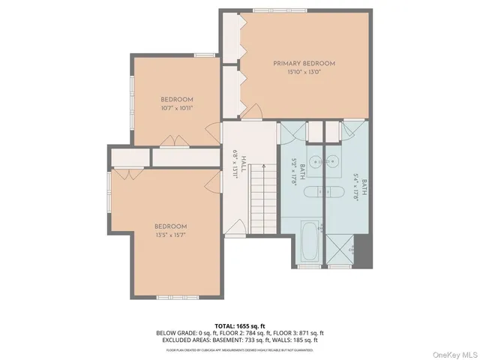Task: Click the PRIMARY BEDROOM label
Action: [x=304, y=64]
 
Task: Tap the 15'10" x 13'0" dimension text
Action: [x=304, y=73]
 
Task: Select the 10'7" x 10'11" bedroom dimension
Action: [x=177, y=109]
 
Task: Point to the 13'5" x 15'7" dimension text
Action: [x=171, y=235]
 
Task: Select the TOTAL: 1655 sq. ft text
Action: [x=240, y=325]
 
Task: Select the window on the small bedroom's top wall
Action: [x=204, y=55]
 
